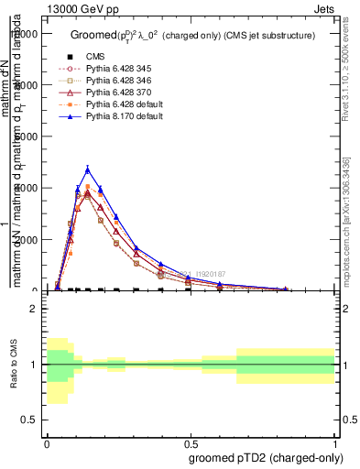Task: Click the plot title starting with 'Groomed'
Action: click(193, 36)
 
